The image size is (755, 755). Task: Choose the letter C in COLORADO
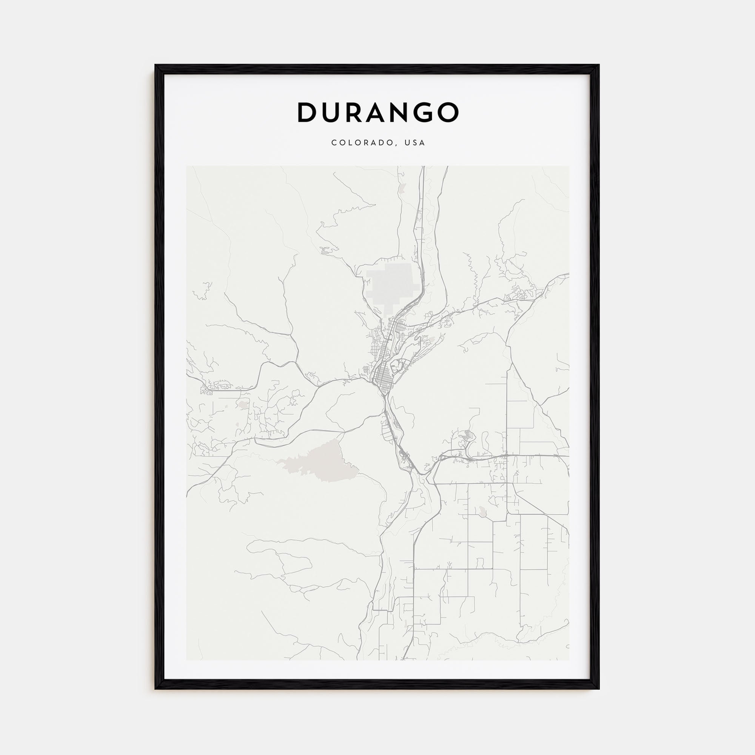334,143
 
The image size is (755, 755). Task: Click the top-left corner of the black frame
156,65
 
